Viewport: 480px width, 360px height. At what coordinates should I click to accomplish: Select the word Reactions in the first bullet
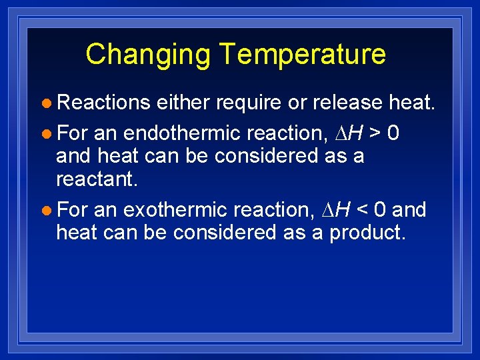click(x=103, y=102)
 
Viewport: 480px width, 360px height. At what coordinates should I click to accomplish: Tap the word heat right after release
click(x=411, y=102)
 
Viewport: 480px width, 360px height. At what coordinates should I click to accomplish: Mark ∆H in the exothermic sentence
click(x=336, y=209)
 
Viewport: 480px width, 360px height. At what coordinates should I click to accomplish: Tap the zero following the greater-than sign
click(x=393, y=133)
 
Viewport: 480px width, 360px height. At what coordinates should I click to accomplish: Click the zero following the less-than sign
click(x=381, y=209)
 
